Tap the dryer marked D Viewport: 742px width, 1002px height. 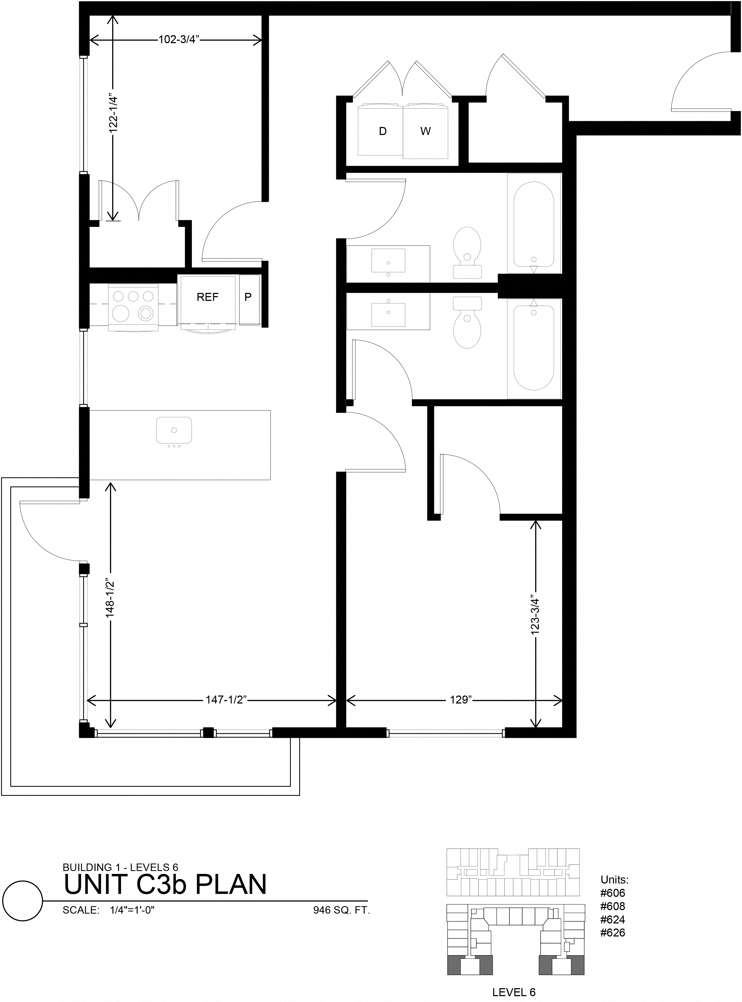tap(382, 131)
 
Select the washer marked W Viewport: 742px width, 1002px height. tap(425, 131)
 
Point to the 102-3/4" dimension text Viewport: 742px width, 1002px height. tap(178, 39)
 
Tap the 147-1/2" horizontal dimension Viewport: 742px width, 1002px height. tap(227, 700)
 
